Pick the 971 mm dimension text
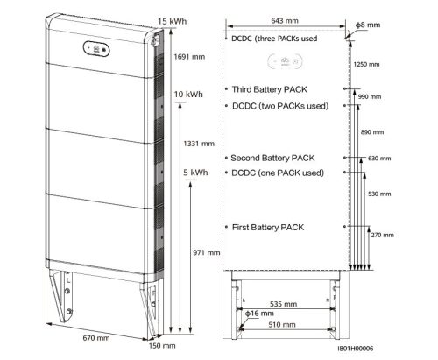pos(195,252)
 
